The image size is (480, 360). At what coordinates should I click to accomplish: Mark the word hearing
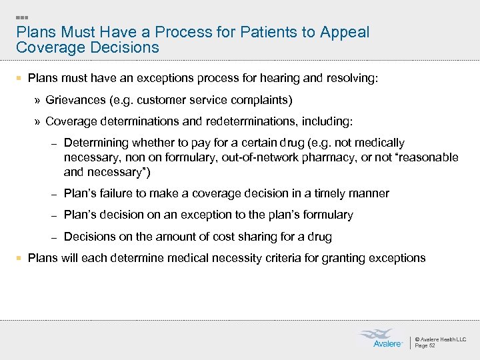pos(279,79)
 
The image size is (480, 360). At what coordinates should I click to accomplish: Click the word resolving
pos(351,79)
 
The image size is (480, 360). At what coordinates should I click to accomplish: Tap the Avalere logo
pos(382,338)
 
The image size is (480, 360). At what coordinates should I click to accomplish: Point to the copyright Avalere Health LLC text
pos(441,339)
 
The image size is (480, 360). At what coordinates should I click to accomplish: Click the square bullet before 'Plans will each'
pos(20,258)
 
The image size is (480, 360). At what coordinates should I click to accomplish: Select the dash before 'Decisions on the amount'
pos(56,237)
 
